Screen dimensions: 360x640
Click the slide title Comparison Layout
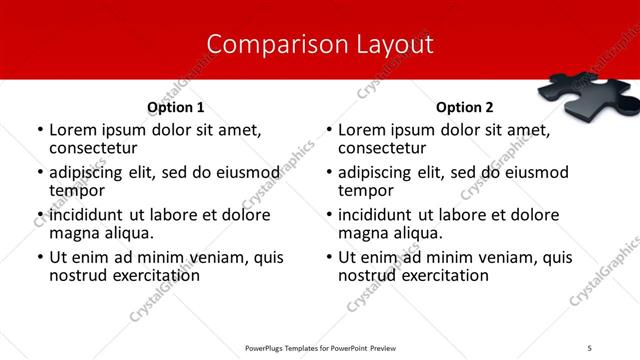320,45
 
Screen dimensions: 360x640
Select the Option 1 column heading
175,107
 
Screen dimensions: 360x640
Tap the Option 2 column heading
464,107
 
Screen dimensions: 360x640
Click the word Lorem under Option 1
72,130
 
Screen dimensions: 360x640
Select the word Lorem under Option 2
361,130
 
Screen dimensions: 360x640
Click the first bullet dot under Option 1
39,131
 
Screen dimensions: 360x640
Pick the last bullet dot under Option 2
328,258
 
